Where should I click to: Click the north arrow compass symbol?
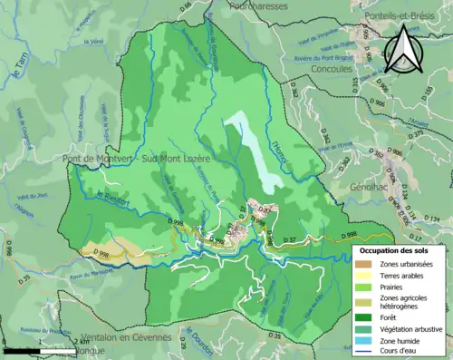pos(404,49)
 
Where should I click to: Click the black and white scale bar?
pos(36,348)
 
